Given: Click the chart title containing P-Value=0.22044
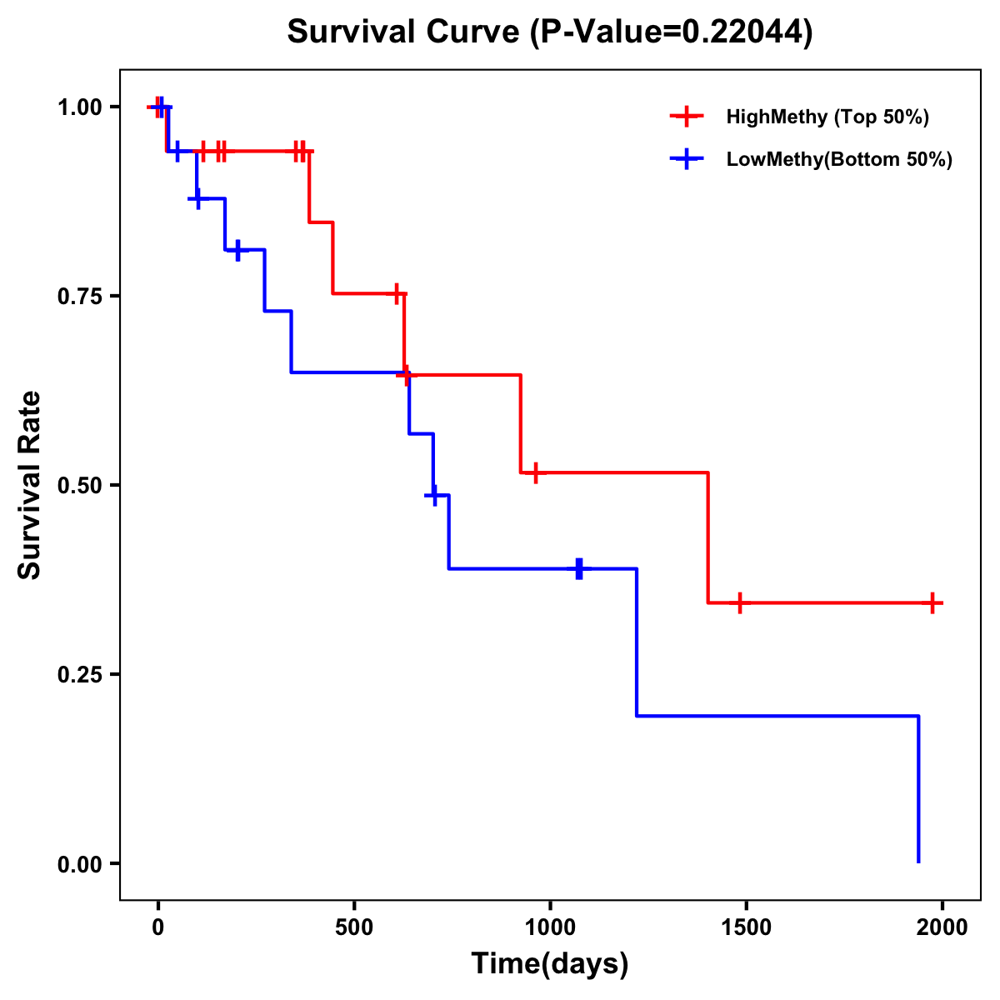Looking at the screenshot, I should [549, 32].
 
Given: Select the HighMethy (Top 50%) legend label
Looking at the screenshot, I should [827, 117].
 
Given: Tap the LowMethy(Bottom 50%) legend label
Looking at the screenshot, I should [838, 159].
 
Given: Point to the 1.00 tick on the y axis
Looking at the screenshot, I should [78, 107].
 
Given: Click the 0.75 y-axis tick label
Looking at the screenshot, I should [78, 296].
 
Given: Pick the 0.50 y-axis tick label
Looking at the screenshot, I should [78, 485].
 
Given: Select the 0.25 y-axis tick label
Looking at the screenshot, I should [78, 674].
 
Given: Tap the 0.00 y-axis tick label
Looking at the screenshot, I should [78, 863].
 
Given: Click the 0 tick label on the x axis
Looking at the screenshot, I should [158, 927].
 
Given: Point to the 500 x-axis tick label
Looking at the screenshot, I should [354, 927].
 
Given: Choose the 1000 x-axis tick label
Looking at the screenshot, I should [550, 927].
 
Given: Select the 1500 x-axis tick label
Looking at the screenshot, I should [746, 927].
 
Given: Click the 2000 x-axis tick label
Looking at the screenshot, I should [942, 927].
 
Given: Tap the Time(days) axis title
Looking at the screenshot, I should [549, 964].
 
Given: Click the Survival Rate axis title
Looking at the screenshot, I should [30, 484].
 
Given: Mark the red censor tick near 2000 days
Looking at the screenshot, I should [932, 602].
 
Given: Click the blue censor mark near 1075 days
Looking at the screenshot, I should [579, 568].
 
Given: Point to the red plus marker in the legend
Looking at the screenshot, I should [687, 117].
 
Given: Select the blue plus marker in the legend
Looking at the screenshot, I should [687, 159].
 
